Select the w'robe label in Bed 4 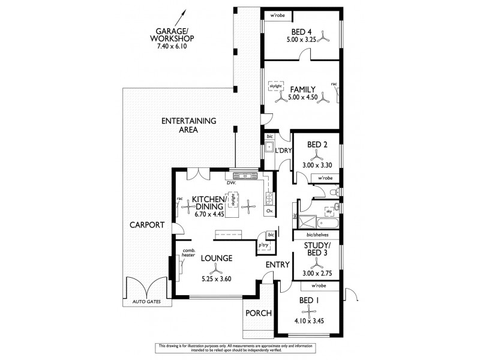(x=277, y=16)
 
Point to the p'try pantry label (x=263, y=245)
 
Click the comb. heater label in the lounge (x=189, y=252)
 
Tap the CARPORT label (x=146, y=226)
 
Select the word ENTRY (x=278, y=264)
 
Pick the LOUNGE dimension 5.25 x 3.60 (x=217, y=278)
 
